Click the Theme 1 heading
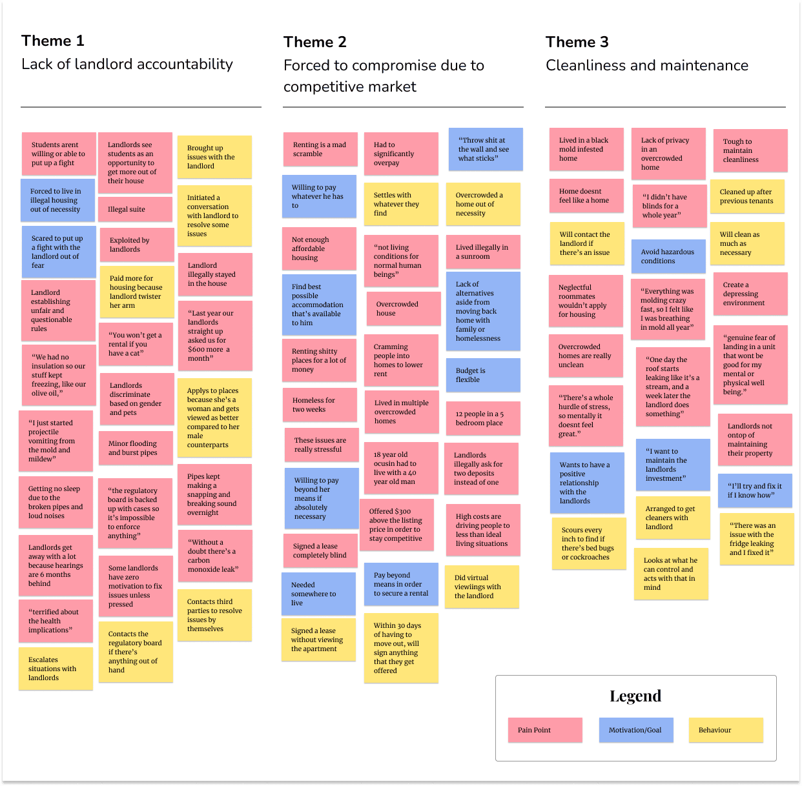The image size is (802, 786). (x=53, y=41)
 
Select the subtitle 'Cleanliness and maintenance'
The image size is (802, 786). (x=646, y=65)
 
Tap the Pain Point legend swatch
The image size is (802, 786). (x=544, y=730)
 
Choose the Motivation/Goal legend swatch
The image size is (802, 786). (x=635, y=730)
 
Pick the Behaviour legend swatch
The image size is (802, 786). (x=725, y=730)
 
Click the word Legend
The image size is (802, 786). (x=635, y=696)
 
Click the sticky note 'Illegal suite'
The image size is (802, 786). (x=136, y=209)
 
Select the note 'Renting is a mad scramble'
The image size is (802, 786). (x=320, y=150)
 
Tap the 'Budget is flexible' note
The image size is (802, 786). (x=483, y=375)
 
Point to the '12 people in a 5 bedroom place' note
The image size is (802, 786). (x=483, y=418)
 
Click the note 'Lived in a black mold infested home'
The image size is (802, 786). (x=586, y=149)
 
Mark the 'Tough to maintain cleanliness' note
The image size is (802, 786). (x=750, y=150)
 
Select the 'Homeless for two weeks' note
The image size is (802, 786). (x=320, y=405)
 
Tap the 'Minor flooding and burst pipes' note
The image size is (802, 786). (x=136, y=448)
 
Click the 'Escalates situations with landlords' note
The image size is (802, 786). (x=56, y=669)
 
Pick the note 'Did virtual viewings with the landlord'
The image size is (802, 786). (x=482, y=587)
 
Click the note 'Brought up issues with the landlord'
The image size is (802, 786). (x=214, y=157)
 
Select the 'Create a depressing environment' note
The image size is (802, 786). (x=750, y=294)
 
